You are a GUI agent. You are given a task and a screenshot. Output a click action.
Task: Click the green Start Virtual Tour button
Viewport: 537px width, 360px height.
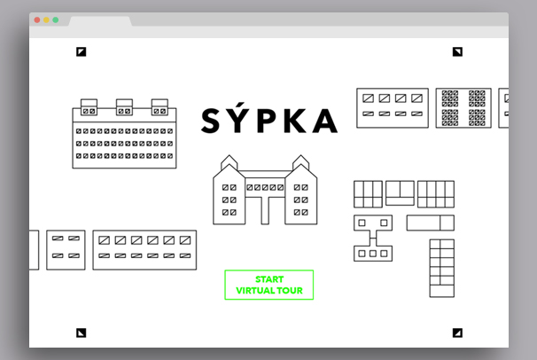268,285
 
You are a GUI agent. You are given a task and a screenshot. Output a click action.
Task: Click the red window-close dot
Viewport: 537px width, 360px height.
37,20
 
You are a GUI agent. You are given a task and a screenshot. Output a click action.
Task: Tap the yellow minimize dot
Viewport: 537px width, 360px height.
46,20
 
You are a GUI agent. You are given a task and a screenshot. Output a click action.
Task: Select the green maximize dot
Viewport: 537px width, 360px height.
56,20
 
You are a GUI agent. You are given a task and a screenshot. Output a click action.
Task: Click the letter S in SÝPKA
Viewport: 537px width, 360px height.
210,121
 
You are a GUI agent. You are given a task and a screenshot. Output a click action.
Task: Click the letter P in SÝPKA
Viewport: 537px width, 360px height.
267,121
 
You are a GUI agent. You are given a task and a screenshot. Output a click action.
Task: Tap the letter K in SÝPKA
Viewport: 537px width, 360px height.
294,121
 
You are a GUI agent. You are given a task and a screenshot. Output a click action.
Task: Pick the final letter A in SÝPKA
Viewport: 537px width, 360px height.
325,121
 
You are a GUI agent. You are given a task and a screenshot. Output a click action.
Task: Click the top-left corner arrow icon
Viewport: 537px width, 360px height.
82,51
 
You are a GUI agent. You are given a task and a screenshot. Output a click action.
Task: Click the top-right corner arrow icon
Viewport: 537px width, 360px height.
457,51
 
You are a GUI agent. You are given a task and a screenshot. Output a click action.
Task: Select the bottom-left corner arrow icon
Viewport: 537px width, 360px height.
82,333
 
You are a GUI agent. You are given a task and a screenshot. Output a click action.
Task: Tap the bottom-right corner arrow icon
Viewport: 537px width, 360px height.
457,333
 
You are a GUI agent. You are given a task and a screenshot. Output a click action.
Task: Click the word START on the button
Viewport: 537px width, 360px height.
269,279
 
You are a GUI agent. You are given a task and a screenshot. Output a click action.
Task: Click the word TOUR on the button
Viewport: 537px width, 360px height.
290,291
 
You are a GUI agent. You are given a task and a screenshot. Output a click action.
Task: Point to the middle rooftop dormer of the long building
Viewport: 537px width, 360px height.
124,107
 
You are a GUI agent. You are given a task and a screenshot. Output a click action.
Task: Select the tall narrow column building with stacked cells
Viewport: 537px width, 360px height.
442,268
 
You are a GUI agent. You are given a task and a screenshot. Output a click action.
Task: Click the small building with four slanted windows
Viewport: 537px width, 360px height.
66,250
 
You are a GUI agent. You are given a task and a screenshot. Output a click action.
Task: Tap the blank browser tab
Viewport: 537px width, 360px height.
100,21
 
